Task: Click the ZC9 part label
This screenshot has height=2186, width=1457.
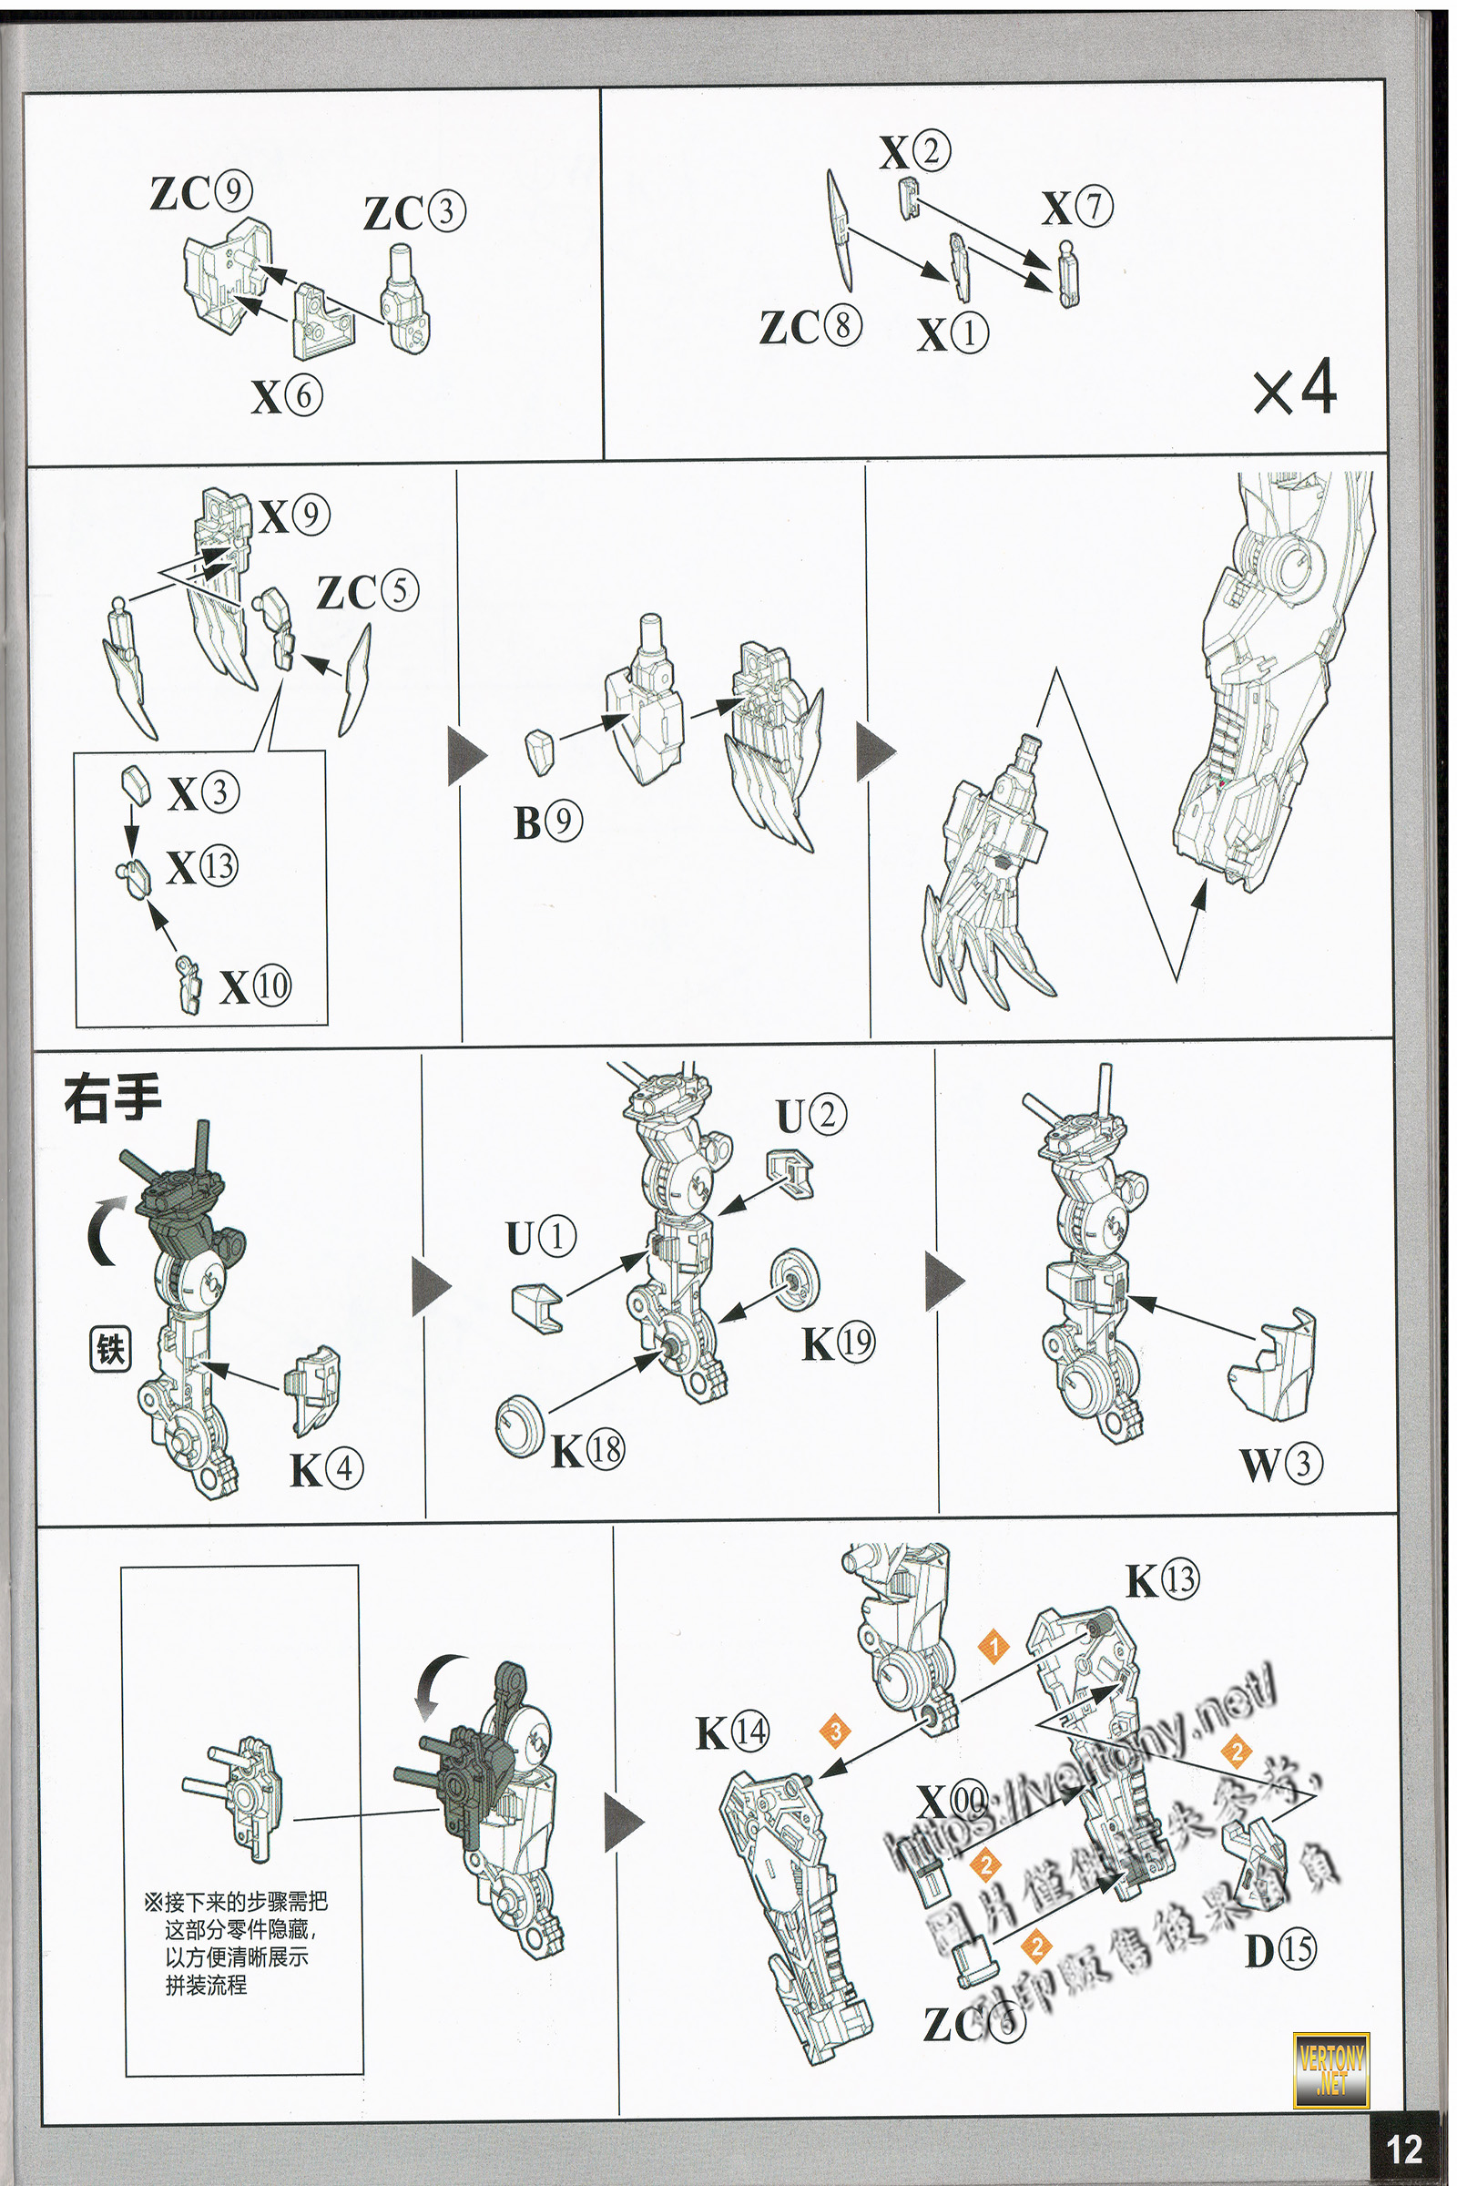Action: point(200,192)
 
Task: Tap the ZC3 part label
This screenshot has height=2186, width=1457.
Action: point(414,213)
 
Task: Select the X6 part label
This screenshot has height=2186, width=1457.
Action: point(286,397)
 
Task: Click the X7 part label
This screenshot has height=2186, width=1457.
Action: point(1077,208)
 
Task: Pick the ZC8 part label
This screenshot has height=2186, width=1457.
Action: point(810,326)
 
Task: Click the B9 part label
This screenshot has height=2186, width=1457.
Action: point(548,822)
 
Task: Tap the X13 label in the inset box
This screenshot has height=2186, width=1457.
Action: point(201,867)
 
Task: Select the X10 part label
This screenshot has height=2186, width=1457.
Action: point(255,986)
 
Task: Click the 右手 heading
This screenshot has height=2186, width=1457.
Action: point(112,1098)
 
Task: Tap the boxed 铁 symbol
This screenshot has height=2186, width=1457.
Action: point(109,1349)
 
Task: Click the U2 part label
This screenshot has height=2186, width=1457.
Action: point(811,1115)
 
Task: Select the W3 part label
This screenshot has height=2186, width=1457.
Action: point(1280,1465)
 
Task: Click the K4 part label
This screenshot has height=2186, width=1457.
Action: point(326,1469)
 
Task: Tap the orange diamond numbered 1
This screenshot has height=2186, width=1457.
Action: point(993,1648)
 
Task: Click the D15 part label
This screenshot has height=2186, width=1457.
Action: point(1279,1950)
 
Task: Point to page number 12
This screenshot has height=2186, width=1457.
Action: point(1404,2149)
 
